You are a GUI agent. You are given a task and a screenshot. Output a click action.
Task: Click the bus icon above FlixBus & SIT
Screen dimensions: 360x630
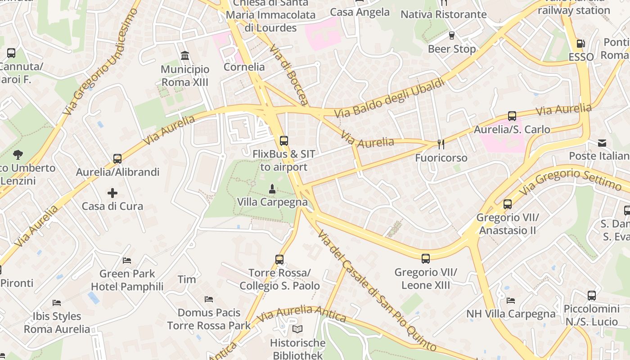coord(283,141)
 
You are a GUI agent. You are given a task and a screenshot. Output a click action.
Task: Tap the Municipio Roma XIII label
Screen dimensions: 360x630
coord(185,76)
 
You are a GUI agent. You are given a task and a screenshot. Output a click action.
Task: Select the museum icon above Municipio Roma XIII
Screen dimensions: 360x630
coord(184,56)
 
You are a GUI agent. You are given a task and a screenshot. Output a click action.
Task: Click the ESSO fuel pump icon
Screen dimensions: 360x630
coord(581,44)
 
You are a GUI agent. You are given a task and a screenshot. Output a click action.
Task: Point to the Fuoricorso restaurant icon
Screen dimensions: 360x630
coord(441,144)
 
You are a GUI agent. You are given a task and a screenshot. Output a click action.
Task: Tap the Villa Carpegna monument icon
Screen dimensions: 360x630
coord(272,189)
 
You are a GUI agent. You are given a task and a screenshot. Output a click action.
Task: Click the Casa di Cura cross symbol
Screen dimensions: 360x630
coord(112,193)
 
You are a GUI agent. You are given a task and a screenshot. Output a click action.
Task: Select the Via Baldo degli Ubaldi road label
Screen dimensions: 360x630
coord(390,98)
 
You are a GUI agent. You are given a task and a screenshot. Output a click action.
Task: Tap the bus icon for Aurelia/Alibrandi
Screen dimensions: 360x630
coord(117,159)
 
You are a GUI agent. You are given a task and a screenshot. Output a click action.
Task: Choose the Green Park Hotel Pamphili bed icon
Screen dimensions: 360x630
coord(127,260)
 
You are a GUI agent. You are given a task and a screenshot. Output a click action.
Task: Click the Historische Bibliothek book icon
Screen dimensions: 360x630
coord(297,329)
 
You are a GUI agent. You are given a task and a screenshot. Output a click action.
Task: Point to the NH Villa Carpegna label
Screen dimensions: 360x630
coord(511,314)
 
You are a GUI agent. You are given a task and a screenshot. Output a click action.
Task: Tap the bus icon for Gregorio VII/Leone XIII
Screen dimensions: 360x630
coord(425,259)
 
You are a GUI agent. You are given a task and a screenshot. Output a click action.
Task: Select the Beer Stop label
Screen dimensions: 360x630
coord(451,49)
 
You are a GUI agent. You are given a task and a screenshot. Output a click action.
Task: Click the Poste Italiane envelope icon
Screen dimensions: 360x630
coord(602,143)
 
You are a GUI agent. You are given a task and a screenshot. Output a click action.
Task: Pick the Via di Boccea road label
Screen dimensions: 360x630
coord(289,75)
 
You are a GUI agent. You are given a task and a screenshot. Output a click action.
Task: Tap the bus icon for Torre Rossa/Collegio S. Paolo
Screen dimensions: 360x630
coord(279,260)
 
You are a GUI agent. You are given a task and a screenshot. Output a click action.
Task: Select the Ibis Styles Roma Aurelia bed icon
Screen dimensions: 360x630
coord(57,302)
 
